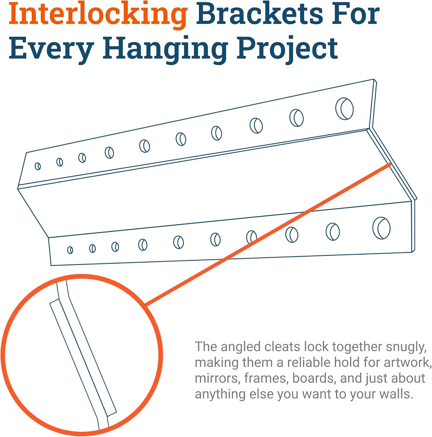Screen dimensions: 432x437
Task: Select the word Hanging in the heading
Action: coord(165,49)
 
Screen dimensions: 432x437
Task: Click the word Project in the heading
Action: coord(287,49)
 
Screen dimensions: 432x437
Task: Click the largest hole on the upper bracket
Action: coord(344,109)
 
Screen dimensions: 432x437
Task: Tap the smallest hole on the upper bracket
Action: coord(38,166)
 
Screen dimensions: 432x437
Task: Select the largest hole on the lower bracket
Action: coord(382,228)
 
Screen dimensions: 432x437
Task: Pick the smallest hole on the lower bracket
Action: coord(70,250)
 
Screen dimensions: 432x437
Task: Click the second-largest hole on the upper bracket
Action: coord(296,118)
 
